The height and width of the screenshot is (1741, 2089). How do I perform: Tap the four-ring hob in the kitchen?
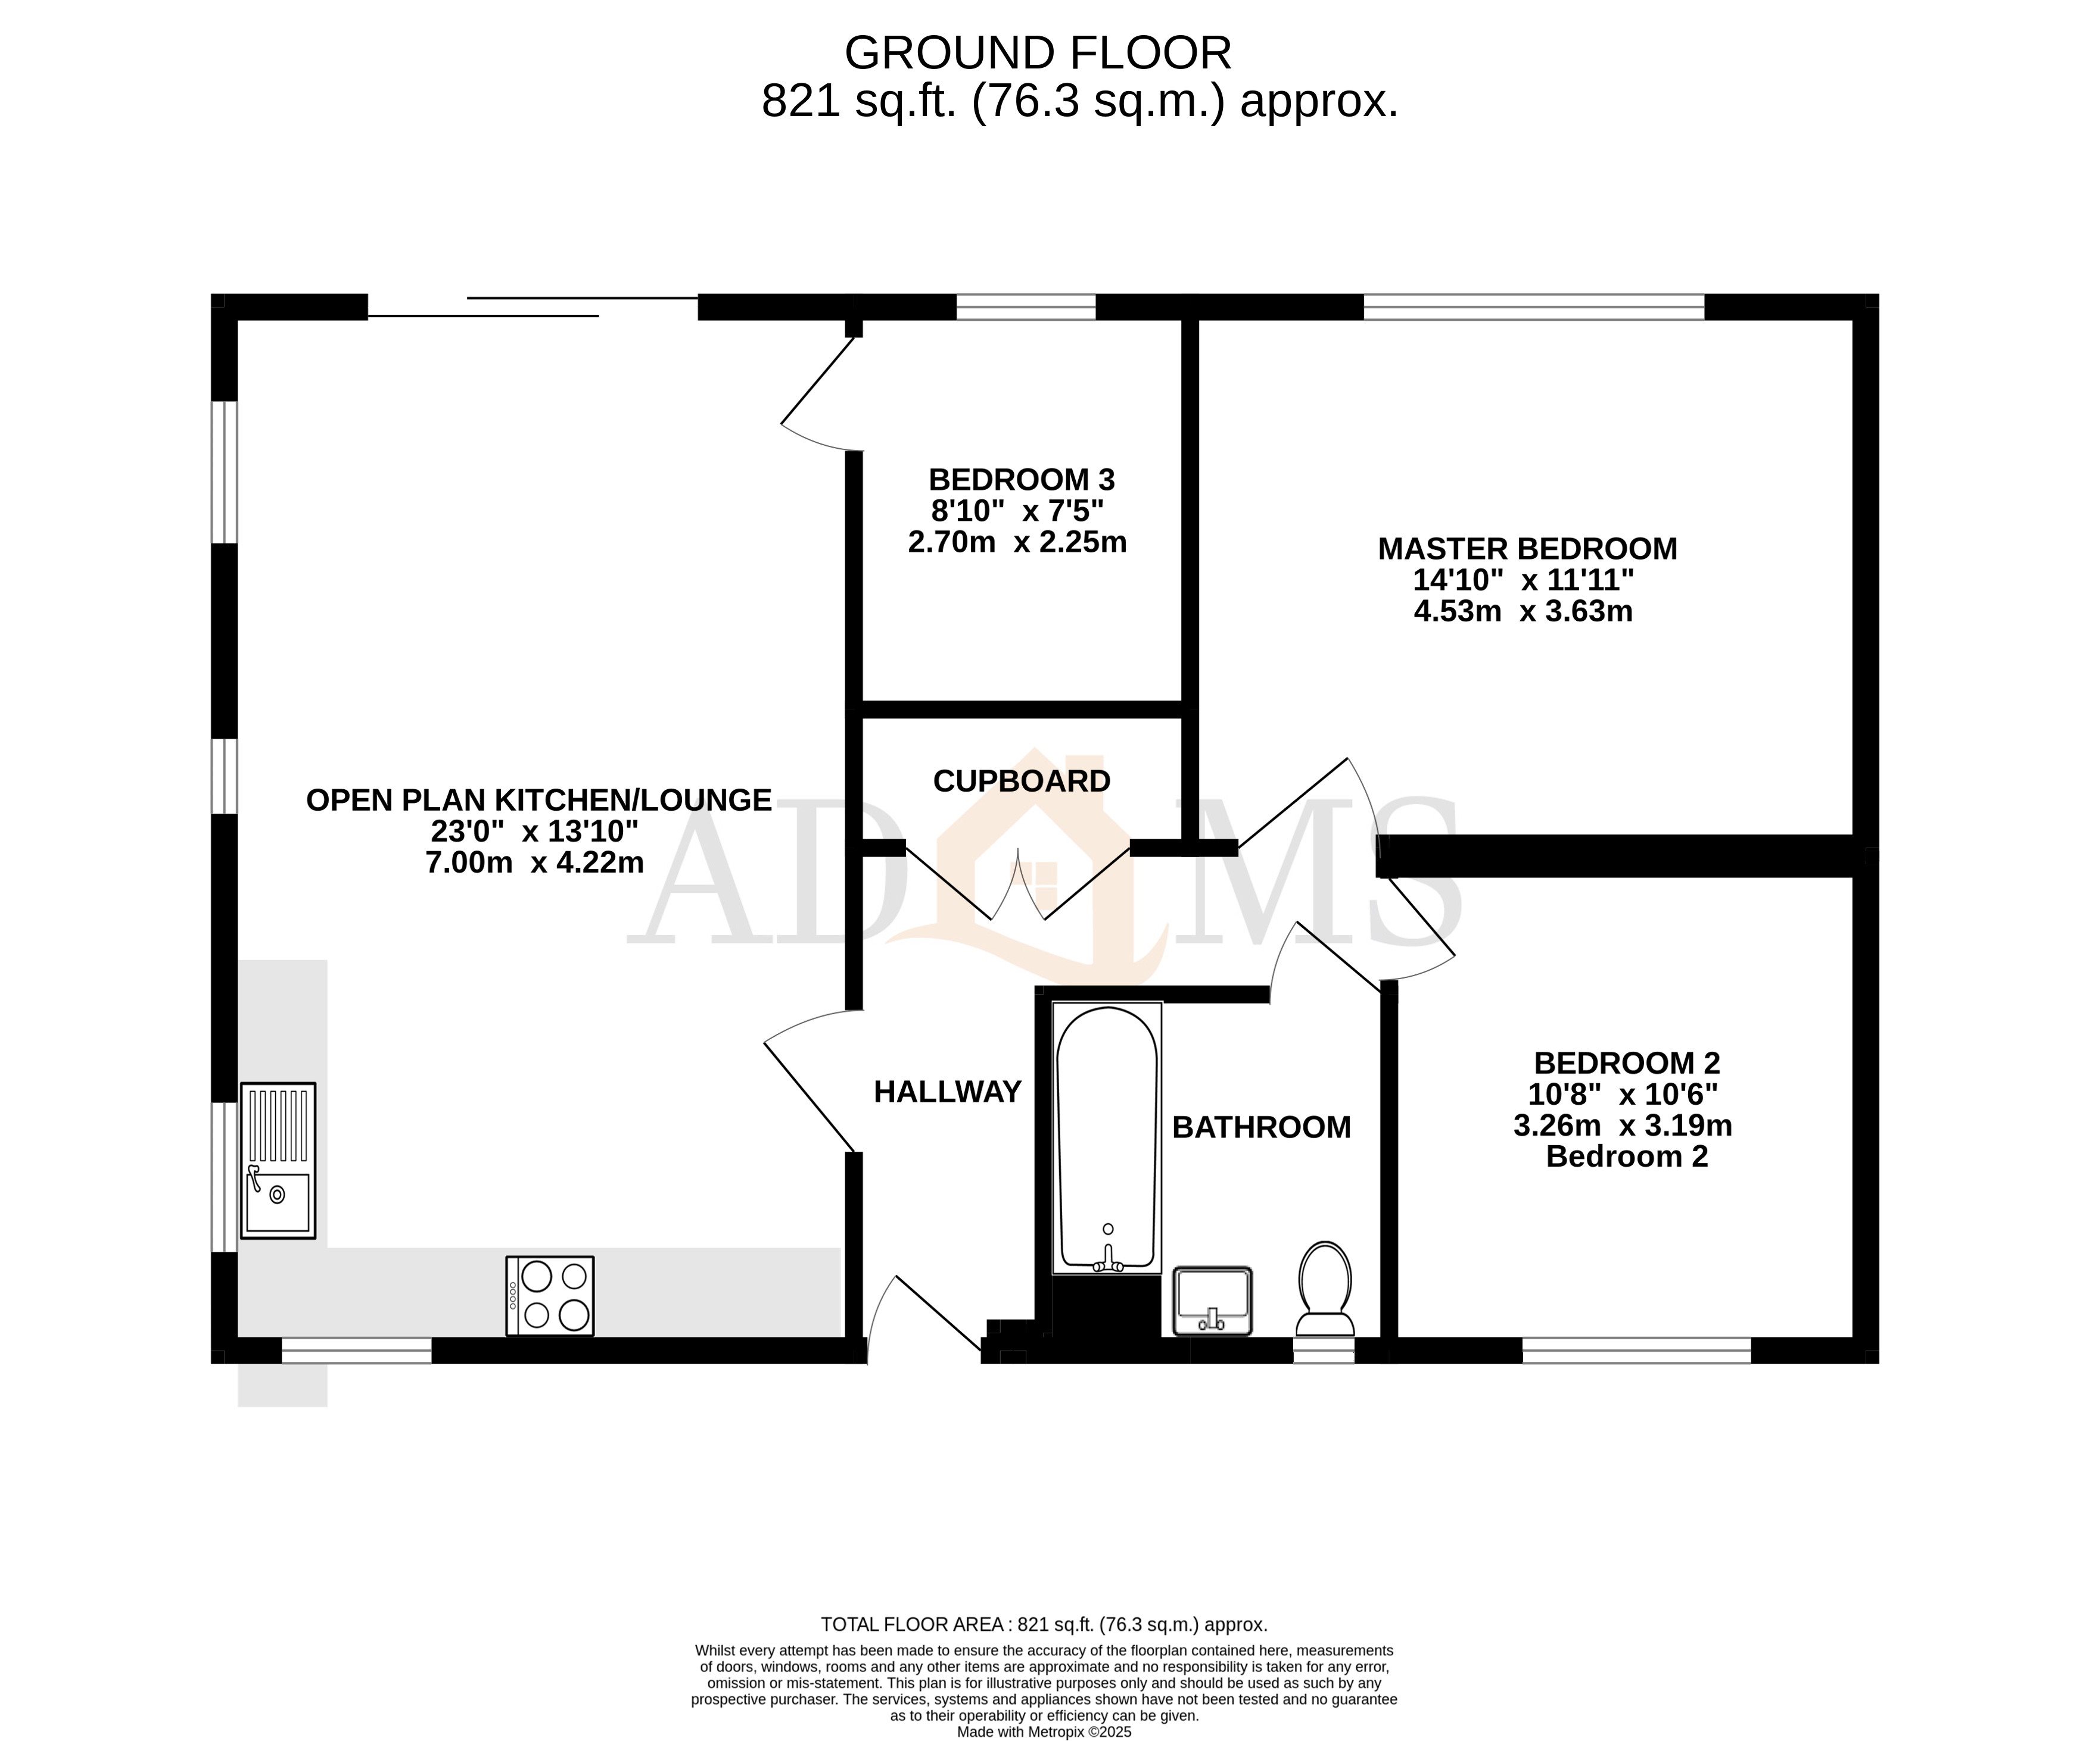click(x=549, y=1296)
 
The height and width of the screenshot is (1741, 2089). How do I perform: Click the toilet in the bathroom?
click(x=1324, y=1289)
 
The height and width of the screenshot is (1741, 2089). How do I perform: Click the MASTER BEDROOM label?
click(x=1526, y=549)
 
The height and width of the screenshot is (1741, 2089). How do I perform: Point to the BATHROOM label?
click(x=1260, y=1127)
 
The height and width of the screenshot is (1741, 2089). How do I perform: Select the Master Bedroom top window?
click(x=1533, y=307)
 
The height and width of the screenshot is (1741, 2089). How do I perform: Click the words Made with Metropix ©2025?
click(x=1044, y=1731)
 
